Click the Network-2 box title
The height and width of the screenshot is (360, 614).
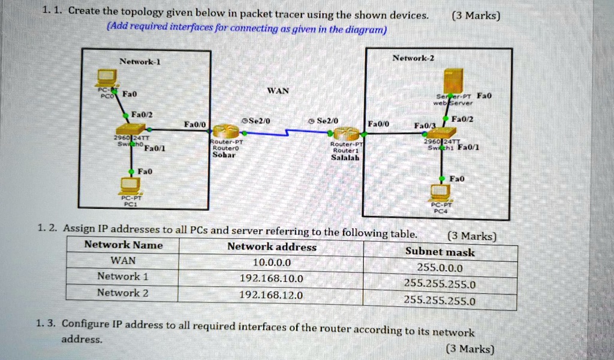413,58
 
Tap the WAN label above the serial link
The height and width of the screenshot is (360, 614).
278,91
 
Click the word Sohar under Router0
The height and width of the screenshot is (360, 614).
225,155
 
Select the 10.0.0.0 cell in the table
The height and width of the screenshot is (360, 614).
272,262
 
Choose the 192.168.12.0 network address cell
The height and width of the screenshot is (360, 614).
271,295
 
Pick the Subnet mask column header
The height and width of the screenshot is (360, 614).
440,252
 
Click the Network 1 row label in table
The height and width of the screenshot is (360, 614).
123,277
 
